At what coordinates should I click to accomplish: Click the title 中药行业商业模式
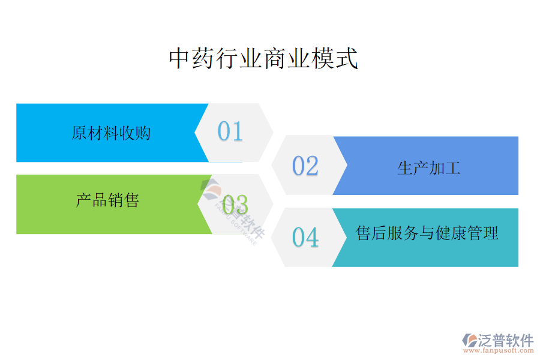point(263,59)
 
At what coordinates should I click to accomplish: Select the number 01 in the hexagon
point(230,131)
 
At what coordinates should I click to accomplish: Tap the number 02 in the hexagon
point(305,166)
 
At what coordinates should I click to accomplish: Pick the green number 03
point(235,204)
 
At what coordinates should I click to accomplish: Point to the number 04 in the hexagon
point(305,238)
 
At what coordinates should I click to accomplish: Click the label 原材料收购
point(111,133)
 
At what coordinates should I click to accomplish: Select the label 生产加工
point(429,168)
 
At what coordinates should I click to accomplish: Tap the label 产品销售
point(107,200)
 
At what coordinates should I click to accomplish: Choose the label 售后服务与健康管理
point(427,233)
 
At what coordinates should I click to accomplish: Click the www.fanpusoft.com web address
point(499,350)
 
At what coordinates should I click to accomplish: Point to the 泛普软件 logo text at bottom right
point(506,340)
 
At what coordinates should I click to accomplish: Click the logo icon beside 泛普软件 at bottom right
point(470,340)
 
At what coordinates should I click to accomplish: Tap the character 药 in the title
point(204,59)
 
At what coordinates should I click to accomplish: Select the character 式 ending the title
point(347,59)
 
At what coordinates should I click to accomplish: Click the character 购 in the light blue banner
point(143,133)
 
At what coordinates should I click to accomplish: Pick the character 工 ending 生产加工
point(453,168)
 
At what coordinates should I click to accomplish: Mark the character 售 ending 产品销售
point(131,200)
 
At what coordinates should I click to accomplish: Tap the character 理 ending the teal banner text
point(491,233)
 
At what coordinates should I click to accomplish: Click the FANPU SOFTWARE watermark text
point(236,224)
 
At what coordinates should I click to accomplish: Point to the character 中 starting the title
point(180,59)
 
